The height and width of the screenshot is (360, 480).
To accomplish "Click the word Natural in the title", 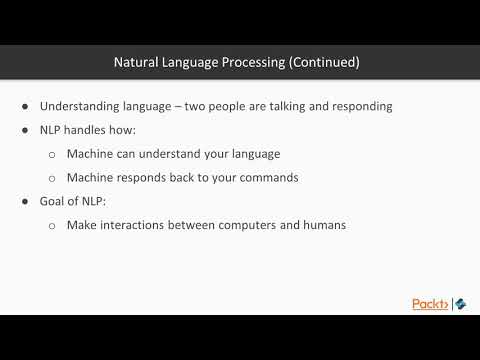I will [x=136, y=62].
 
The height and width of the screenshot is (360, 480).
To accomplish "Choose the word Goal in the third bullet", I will [x=54, y=201].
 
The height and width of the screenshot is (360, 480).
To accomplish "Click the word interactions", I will [x=139, y=225].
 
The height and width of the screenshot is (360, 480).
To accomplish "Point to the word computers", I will [x=249, y=225].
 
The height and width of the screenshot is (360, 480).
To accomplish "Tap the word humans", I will [x=321, y=225].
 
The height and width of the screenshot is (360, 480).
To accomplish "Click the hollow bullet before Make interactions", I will [x=52, y=226].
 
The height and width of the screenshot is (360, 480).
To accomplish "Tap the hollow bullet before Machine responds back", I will [x=52, y=178].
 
